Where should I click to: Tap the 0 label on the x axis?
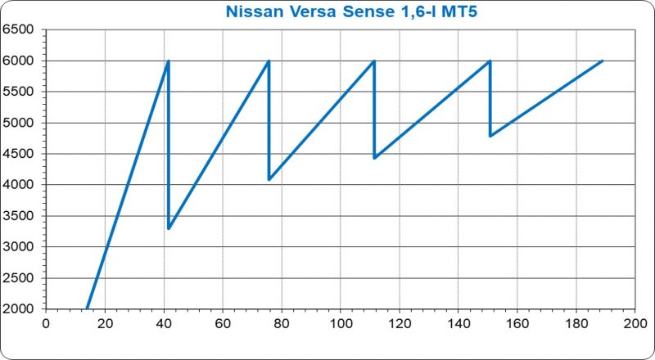[x=46, y=324]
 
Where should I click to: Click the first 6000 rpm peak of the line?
[x=168, y=61]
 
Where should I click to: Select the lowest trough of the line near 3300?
[x=169, y=228]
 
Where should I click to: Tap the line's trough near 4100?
[x=269, y=179]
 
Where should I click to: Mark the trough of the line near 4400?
[x=374, y=158]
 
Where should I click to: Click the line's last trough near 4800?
[x=490, y=136]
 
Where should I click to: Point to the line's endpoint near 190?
[x=603, y=61]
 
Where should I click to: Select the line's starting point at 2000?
[x=87, y=308]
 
